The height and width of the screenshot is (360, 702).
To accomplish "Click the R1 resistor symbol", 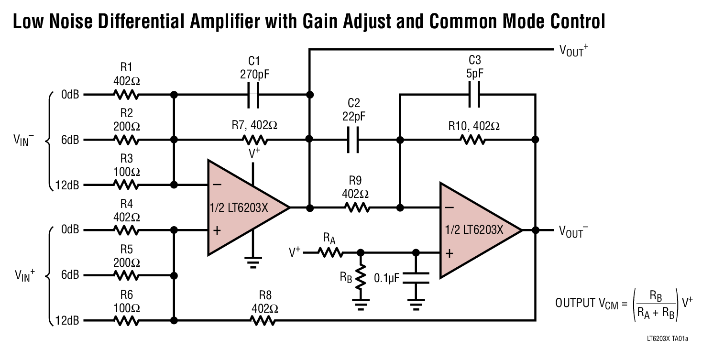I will [126, 95].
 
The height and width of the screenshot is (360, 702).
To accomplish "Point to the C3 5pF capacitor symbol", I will [474, 95].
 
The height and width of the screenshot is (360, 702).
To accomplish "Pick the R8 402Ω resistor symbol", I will [263, 320].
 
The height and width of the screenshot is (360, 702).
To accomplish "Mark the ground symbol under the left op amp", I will [253, 261].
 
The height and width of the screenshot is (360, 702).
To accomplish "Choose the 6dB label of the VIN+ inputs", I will [70, 275].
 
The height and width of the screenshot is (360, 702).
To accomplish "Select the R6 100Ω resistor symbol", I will [126, 320].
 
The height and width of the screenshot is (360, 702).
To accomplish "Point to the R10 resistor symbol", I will [473, 140].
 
